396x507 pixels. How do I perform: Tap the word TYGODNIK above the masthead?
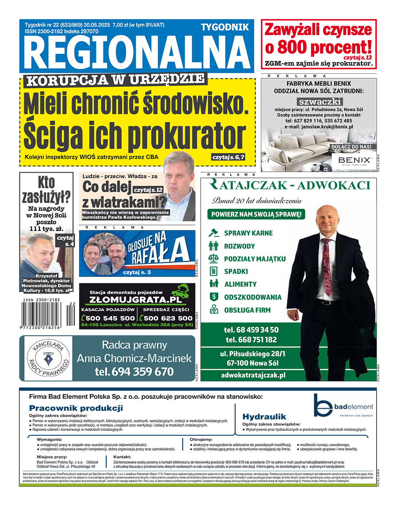(225, 27)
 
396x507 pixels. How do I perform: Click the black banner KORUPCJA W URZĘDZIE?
(115, 80)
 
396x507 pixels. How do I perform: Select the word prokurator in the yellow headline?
(186, 135)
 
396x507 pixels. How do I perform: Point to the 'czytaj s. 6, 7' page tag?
(228, 157)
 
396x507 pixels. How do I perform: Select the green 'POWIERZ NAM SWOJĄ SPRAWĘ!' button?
(256, 215)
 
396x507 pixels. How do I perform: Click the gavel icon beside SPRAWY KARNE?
(214, 233)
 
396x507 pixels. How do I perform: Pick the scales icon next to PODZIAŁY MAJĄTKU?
(214, 259)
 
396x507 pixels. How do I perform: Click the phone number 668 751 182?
(251, 340)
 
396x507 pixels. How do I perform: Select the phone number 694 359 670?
(134, 372)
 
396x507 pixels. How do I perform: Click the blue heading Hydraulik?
(264, 416)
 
